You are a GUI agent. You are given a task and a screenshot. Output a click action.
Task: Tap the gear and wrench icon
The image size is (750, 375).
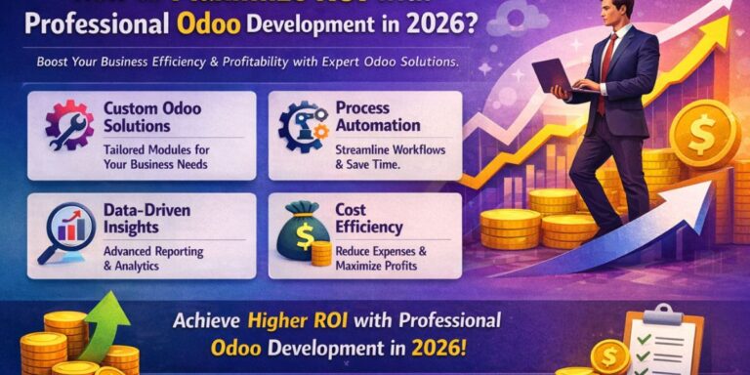68,124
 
